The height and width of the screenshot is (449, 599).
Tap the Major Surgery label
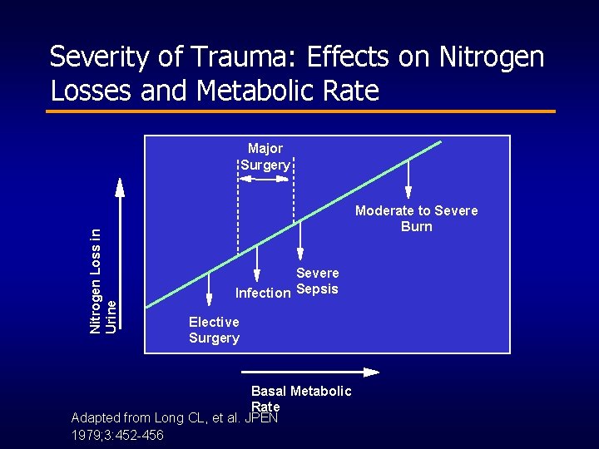pos(265,156)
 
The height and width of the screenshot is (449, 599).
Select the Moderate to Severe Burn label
pos(416,218)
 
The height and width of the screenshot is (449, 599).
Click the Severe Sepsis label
pos(317,281)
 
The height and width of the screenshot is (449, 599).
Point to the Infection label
pos(263,293)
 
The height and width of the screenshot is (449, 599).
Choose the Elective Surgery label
pos(214,329)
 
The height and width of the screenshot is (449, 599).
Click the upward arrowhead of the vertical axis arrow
pos(120,186)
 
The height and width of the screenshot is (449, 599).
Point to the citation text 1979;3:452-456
pos(117,436)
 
